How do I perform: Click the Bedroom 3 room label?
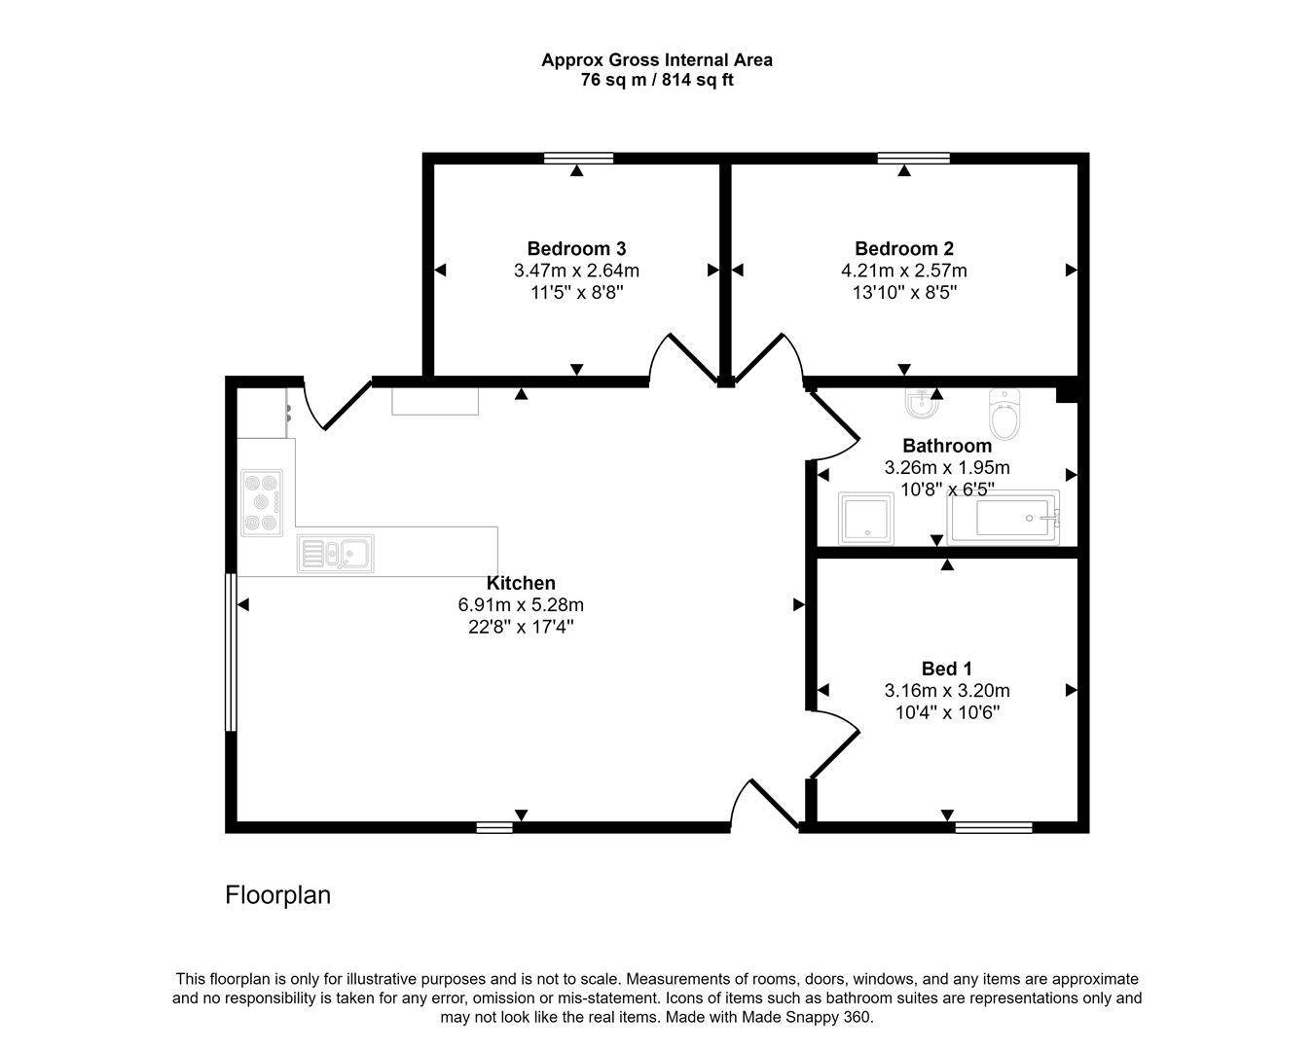click(x=576, y=248)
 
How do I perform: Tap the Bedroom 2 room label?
click(x=903, y=248)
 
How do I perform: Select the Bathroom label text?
click(x=946, y=447)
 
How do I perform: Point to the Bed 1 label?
click(x=946, y=669)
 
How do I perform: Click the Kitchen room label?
click(x=521, y=583)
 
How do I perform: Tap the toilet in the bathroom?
click(x=1004, y=415)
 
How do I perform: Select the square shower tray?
click(x=865, y=518)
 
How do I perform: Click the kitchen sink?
click(x=336, y=554)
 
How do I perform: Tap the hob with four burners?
click(x=263, y=502)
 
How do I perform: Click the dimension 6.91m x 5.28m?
click(x=521, y=605)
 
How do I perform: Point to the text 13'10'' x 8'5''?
click(x=903, y=293)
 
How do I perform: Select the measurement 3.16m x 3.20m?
click(x=946, y=691)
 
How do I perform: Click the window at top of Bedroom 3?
click(x=578, y=158)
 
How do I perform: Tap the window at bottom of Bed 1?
click(x=993, y=827)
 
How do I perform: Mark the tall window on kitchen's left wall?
click(x=231, y=651)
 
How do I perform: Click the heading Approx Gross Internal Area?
click(x=657, y=59)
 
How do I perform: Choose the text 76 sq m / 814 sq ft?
click(x=657, y=81)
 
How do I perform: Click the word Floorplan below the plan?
click(x=277, y=895)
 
